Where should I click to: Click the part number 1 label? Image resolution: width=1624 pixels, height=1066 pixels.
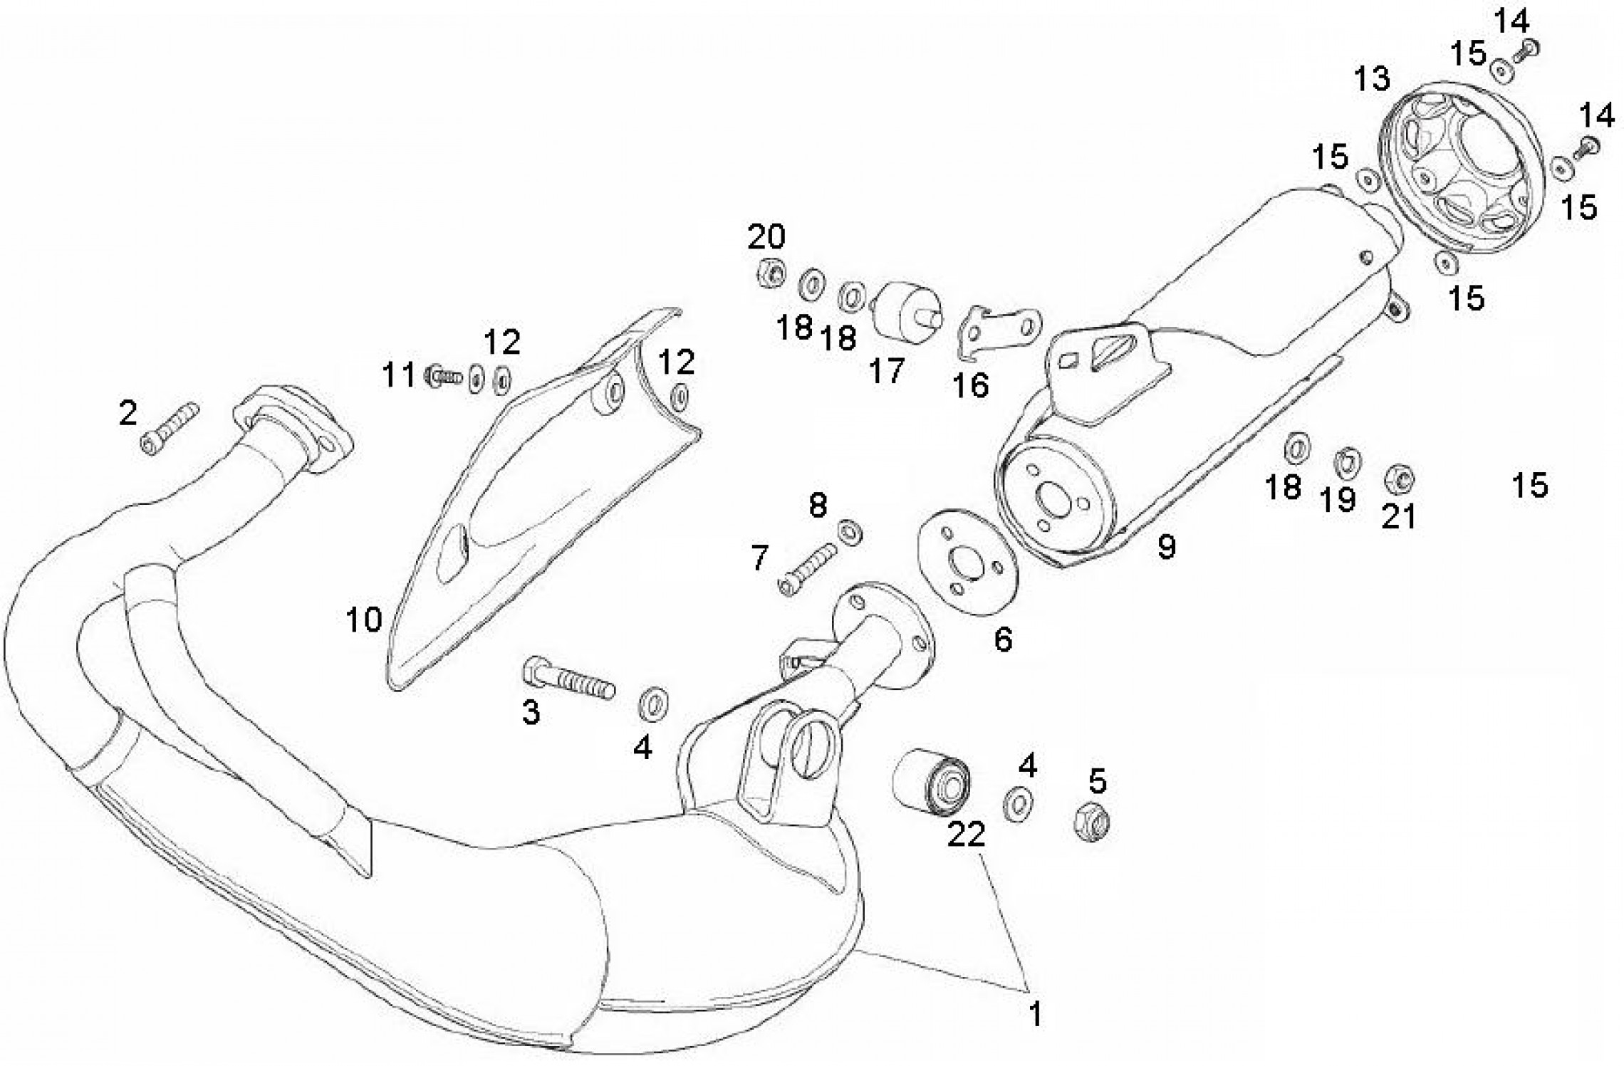[1035, 1013]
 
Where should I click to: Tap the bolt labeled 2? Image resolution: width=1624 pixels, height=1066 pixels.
[170, 429]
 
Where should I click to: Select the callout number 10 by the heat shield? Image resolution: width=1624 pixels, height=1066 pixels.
[364, 620]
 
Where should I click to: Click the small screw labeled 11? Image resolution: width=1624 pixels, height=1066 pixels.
[444, 375]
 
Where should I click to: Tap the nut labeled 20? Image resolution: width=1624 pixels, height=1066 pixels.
[770, 271]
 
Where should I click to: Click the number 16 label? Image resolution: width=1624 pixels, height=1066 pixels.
[972, 386]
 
